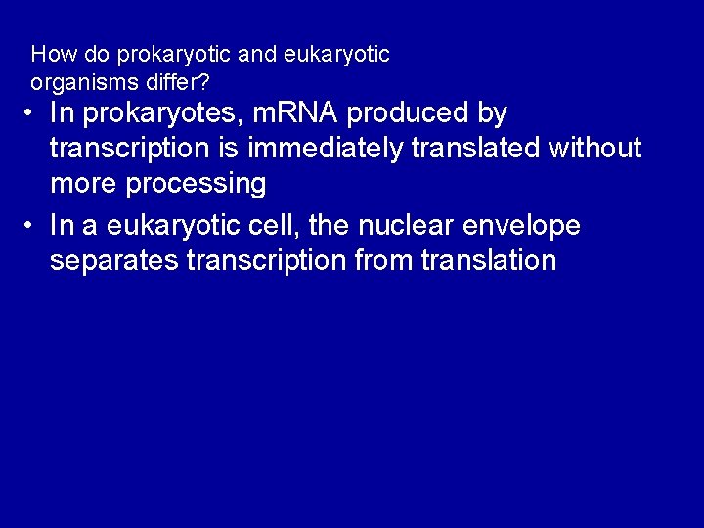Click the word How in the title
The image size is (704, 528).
pyautogui.click(x=50, y=54)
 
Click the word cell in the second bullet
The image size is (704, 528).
pyautogui.click(x=278, y=226)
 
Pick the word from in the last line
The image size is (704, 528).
pyautogui.click(x=372, y=260)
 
